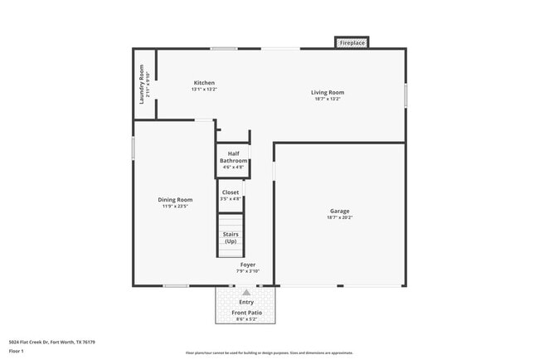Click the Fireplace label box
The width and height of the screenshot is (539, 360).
click(x=352, y=42)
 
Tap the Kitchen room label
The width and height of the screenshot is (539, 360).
click(x=204, y=83)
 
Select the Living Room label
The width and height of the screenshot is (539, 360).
click(x=328, y=92)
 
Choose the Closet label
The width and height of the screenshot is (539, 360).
click(x=231, y=192)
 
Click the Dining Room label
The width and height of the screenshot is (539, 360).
click(x=175, y=199)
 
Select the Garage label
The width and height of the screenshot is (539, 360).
click(x=340, y=211)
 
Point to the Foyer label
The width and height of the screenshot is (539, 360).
click(x=248, y=265)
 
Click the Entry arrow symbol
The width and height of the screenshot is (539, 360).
click(x=246, y=293)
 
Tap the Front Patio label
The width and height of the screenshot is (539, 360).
click(x=246, y=312)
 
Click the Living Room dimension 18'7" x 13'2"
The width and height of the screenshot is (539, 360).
click(x=328, y=99)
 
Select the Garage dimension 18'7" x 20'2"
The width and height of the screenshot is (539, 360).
click(x=340, y=217)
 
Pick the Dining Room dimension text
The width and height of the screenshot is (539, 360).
click(x=175, y=206)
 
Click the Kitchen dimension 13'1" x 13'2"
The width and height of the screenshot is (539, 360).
click(x=204, y=90)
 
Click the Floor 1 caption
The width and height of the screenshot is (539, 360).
click(x=17, y=352)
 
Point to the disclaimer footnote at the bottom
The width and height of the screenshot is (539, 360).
click(x=269, y=353)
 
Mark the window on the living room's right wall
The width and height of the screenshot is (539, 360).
click(x=405, y=94)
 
